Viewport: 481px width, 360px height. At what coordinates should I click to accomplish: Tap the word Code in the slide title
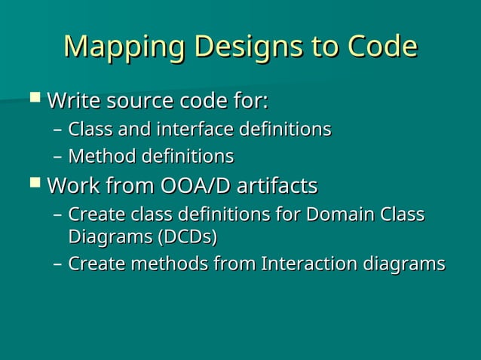[x=381, y=47]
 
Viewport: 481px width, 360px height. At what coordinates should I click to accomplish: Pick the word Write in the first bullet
[x=72, y=100]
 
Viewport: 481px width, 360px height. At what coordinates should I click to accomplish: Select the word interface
[x=195, y=130]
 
